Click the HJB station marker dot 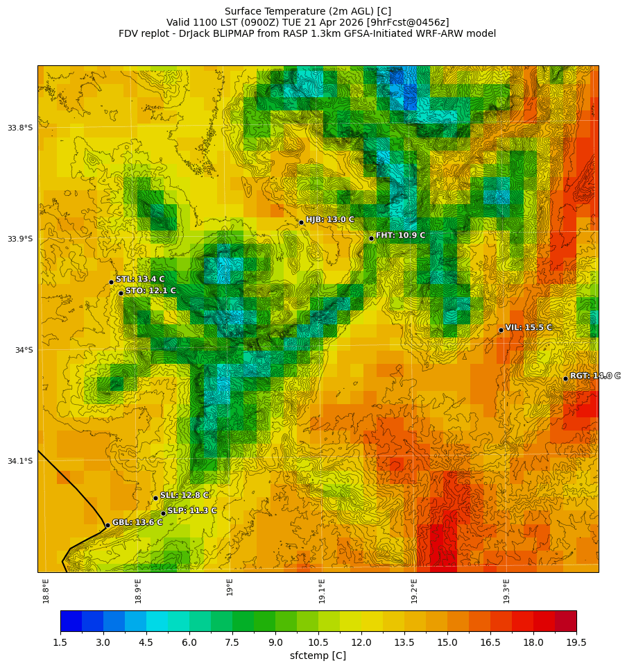[x=301, y=222]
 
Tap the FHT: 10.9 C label [x=400, y=235]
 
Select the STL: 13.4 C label [x=140, y=279]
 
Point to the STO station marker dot [x=121, y=293]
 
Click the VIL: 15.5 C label [x=529, y=327]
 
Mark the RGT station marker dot [x=565, y=378]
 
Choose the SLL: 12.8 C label [x=184, y=495]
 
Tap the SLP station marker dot [x=163, y=513]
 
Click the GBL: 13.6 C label [x=137, y=522]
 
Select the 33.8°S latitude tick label [x=20, y=128]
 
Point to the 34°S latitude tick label [x=24, y=350]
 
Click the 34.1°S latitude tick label [x=20, y=461]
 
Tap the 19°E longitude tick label [x=230, y=587]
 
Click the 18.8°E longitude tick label [x=46, y=590]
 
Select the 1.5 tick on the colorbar [x=60, y=643]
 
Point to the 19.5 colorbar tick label [x=576, y=643]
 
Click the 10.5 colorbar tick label [x=318, y=643]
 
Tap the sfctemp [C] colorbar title [x=318, y=656]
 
